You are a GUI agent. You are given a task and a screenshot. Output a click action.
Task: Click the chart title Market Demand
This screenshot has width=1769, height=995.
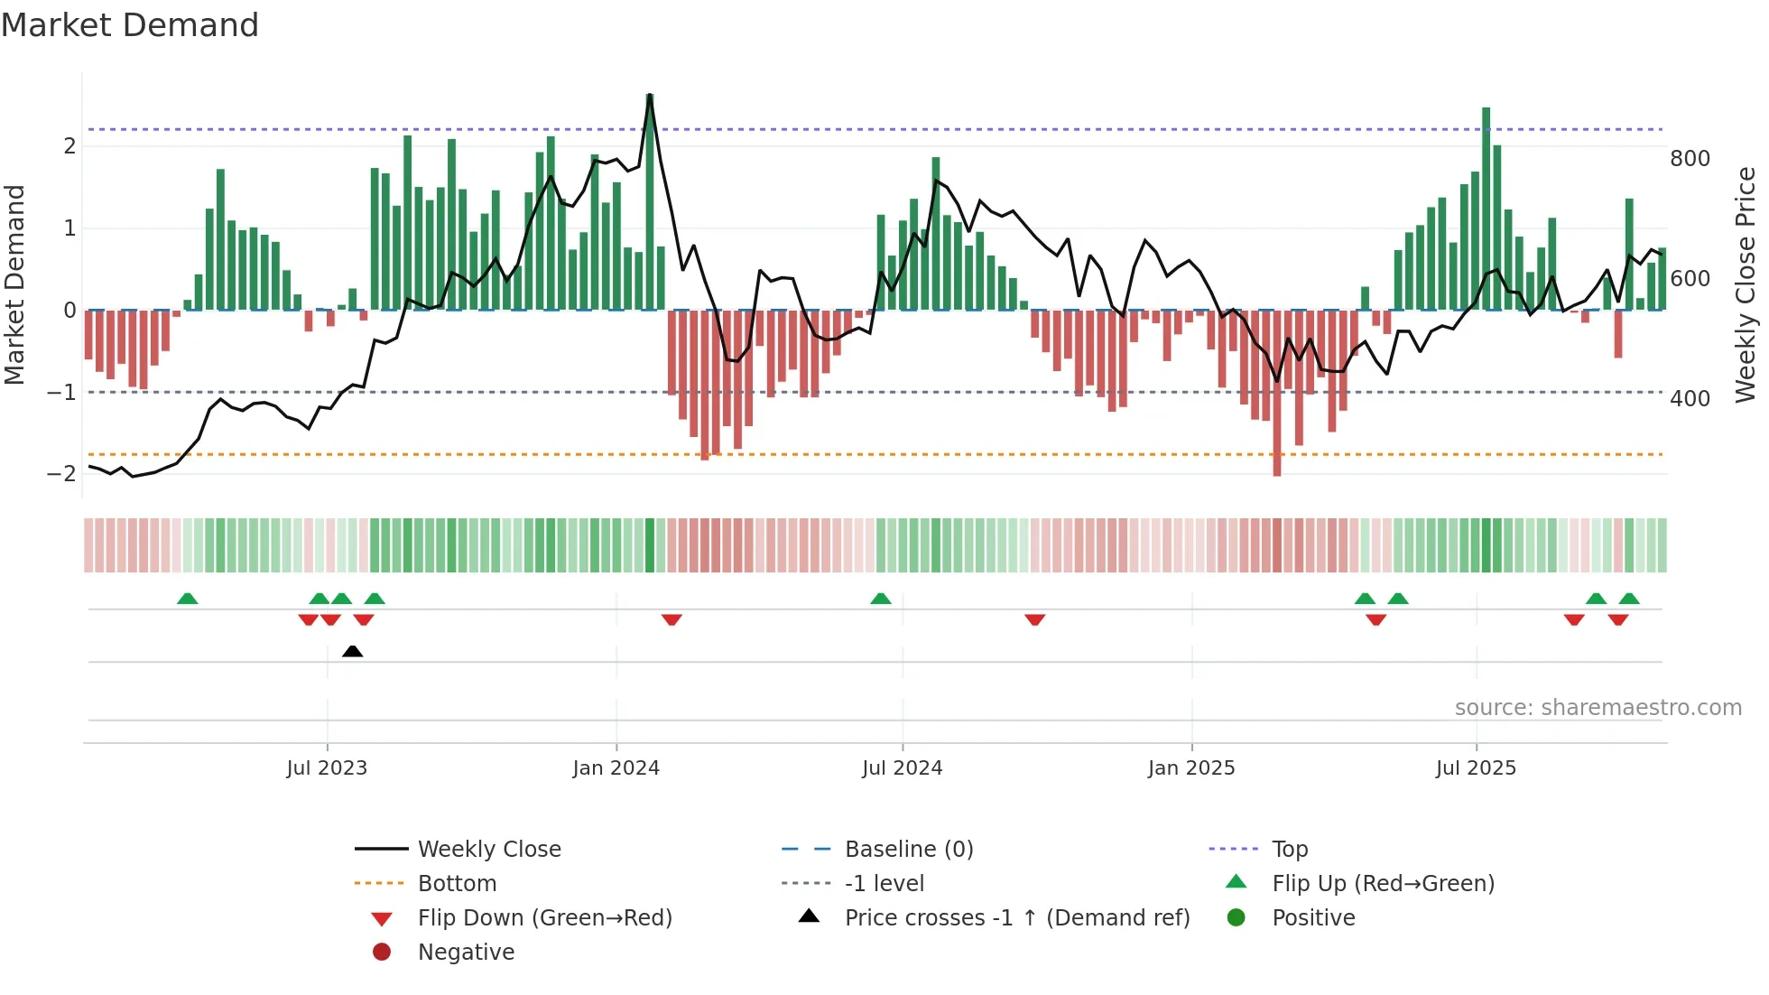130,25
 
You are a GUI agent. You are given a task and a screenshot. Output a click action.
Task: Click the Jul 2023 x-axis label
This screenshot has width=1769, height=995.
327,768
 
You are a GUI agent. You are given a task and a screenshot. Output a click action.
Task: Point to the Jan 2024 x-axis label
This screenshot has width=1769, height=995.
616,768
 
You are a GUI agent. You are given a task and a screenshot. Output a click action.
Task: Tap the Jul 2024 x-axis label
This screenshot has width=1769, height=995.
902,768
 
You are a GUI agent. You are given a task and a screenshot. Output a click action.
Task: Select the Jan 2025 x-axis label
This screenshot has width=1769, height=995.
1191,768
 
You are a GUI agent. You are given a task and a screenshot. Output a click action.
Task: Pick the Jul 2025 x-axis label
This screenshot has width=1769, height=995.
1476,768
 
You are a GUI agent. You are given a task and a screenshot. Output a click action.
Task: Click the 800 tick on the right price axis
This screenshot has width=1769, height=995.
1690,159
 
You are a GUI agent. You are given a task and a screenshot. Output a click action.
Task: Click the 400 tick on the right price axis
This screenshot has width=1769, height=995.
1690,399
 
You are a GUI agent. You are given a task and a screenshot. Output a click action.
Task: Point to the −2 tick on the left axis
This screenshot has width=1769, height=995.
61,474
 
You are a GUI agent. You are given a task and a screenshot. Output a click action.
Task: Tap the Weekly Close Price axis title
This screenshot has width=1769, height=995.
1746,284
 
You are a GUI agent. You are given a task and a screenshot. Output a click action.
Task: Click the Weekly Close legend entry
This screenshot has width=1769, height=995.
488,850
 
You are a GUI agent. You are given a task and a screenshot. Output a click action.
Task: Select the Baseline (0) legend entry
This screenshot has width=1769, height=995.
908,850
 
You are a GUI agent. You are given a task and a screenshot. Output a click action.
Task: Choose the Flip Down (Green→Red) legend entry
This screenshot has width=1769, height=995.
544,918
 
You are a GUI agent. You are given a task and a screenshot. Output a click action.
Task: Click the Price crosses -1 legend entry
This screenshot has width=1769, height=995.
1016,918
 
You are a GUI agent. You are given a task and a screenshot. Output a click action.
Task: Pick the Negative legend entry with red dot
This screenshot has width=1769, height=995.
465,953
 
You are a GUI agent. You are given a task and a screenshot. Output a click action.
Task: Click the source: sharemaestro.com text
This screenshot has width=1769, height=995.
1598,708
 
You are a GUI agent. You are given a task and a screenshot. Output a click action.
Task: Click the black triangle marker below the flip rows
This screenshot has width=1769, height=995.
353,651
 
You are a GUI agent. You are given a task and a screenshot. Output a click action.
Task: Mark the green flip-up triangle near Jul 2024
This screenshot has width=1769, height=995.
881,599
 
